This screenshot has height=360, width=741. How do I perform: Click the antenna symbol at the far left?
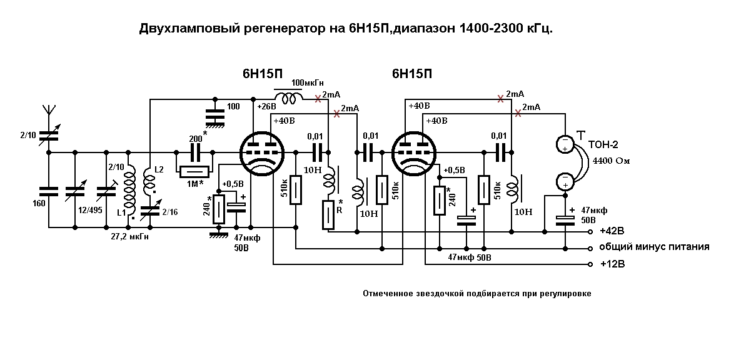48,110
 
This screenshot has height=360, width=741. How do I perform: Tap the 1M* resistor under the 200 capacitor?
194,172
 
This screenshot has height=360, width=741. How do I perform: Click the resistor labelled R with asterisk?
328,215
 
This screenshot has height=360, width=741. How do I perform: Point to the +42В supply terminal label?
612,231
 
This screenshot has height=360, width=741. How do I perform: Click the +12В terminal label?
612,264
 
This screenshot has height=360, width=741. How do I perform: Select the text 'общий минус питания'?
654,247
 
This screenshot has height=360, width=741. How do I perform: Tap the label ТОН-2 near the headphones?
603,145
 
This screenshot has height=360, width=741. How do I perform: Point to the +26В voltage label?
266,106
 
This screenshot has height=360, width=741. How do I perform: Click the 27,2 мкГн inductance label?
129,237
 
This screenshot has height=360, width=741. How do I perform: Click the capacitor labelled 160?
48,191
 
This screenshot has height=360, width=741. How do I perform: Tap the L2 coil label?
159,169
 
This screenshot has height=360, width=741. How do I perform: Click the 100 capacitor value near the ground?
233,107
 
